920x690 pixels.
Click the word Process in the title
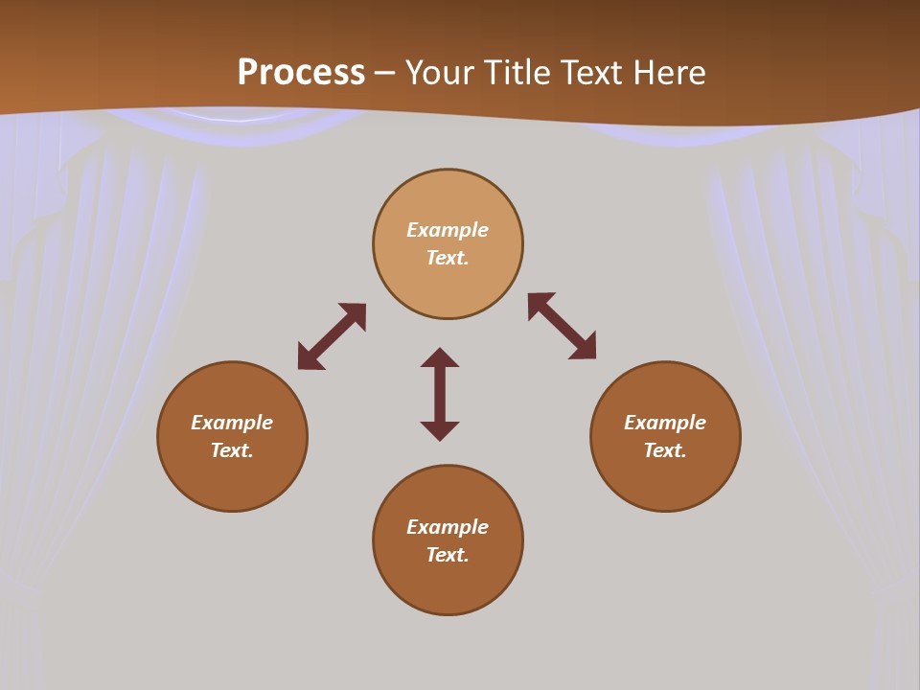pyautogui.click(x=301, y=73)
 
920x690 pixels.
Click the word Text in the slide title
pyautogui.click(x=594, y=73)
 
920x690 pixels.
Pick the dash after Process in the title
pyautogui.click(x=384, y=74)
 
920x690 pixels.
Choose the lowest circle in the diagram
pyautogui.click(x=448, y=585)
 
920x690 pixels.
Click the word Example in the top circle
pyautogui.click(x=448, y=230)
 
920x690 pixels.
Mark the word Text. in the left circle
pyautogui.click(x=232, y=450)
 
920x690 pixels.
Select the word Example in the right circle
pyautogui.click(x=665, y=423)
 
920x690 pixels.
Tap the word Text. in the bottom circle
pyautogui.click(x=448, y=555)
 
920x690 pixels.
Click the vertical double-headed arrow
pyautogui.click(x=440, y=394)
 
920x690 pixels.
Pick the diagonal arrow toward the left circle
pyautogui.click(x=332, y=336)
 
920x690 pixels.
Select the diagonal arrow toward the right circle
pyautogui.click(x=562, y=326)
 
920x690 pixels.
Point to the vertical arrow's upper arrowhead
pyautogui.click(x=440, y=357)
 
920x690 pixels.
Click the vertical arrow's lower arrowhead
pyautogui.click(x=440, y=430)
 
